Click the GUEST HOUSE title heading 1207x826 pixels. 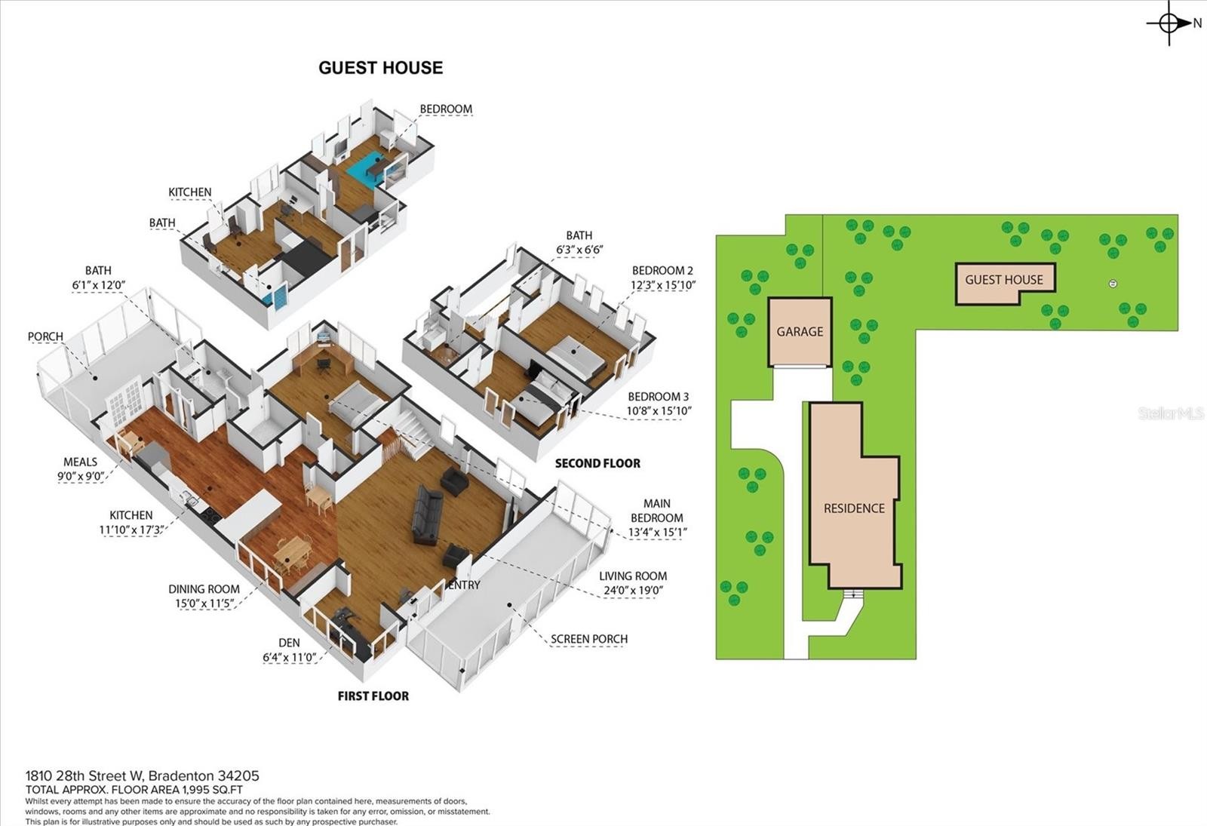[380, 68]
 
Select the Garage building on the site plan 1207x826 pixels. [800, 332]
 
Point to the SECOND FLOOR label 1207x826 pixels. [597, 463]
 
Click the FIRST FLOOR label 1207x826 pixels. [373, 696]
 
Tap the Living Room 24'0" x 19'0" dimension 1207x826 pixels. [633, 590]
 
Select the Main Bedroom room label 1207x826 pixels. [657, 511]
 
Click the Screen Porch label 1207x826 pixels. [589, 639]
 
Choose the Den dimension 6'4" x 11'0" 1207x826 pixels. [289, 657]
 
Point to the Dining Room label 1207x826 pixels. [204, 589]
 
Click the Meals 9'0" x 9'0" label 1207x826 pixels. [80, 468]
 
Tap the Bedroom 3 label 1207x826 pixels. [659, 397]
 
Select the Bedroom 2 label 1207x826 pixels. [663, 271]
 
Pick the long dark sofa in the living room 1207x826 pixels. [428, 514]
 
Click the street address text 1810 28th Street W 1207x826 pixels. [84, 776]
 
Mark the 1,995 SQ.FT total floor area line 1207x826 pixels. [134, 790]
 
